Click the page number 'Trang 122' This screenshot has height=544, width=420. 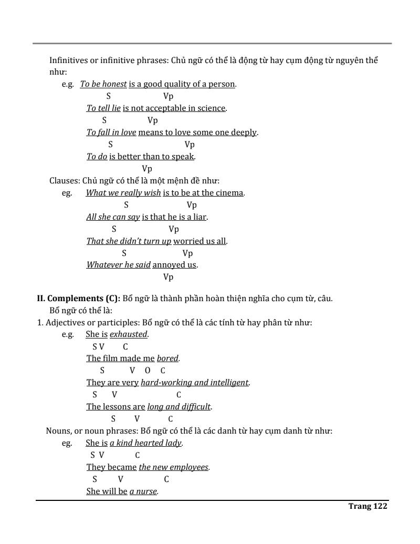(x=367, y=506)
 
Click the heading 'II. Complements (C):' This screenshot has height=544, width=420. (x=78, y=299)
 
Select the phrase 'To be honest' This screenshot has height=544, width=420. (x=103, y=84)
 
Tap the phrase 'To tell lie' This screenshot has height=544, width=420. (x=103, y=108)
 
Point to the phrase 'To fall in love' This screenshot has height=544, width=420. (x=111, y=132)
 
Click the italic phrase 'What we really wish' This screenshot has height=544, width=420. (x=123, y=193)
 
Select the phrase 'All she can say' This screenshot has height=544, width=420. (x=113, y=217)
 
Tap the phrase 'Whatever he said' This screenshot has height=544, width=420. (x=118, y=265)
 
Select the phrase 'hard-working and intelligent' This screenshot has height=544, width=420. (x=194, y=383)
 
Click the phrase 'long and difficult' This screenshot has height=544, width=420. (x=179, y=407)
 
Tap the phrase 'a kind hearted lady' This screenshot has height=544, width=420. (x=145, y=443)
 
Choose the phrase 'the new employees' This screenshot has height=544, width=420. (x=173, y=467)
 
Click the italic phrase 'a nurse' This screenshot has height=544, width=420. (x=143, y=492)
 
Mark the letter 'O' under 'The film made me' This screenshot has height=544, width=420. (x=148, y=371)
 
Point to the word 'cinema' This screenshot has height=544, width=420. (x=230, y=193)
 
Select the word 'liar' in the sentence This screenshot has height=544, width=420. (x=199, y=217)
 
